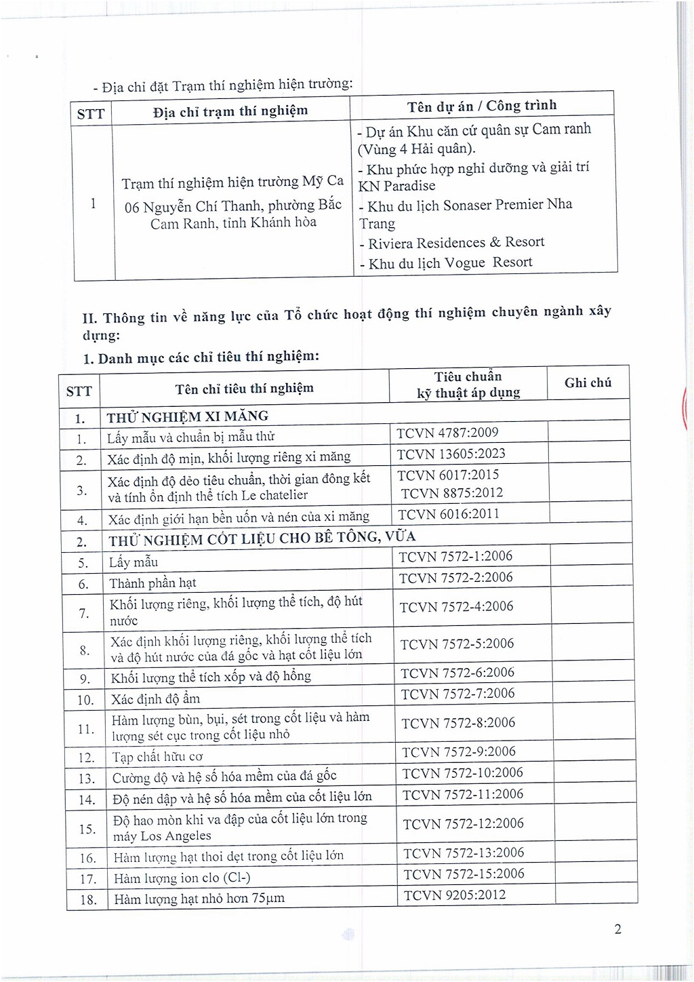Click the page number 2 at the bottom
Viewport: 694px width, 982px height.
point(617,929)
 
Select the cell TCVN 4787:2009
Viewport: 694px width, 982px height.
point(447,433)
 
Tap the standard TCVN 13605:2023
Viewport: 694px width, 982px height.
point(451,454)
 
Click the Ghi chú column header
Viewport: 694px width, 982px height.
point(588,383)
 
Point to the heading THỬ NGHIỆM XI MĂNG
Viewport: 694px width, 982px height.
point(188,416)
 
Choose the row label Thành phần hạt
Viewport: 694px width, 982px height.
point(152,583)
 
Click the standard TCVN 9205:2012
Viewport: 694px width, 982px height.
point(455,895)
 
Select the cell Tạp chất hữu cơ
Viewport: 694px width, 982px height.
point(157,757)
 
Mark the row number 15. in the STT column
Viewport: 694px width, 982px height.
point(87,829)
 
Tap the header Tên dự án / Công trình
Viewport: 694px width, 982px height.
point(482,106)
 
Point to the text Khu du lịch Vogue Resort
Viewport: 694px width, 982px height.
point(450,263)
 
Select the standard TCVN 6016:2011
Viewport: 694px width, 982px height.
point(449,514)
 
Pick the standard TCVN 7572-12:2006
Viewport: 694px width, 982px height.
point(463,823)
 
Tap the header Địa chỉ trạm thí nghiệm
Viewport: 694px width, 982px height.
point(230,111)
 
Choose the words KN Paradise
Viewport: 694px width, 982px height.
point(397,186)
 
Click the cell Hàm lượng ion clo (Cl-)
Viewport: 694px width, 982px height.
point(182,878)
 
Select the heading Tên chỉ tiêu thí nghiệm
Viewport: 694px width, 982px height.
point(244,389)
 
